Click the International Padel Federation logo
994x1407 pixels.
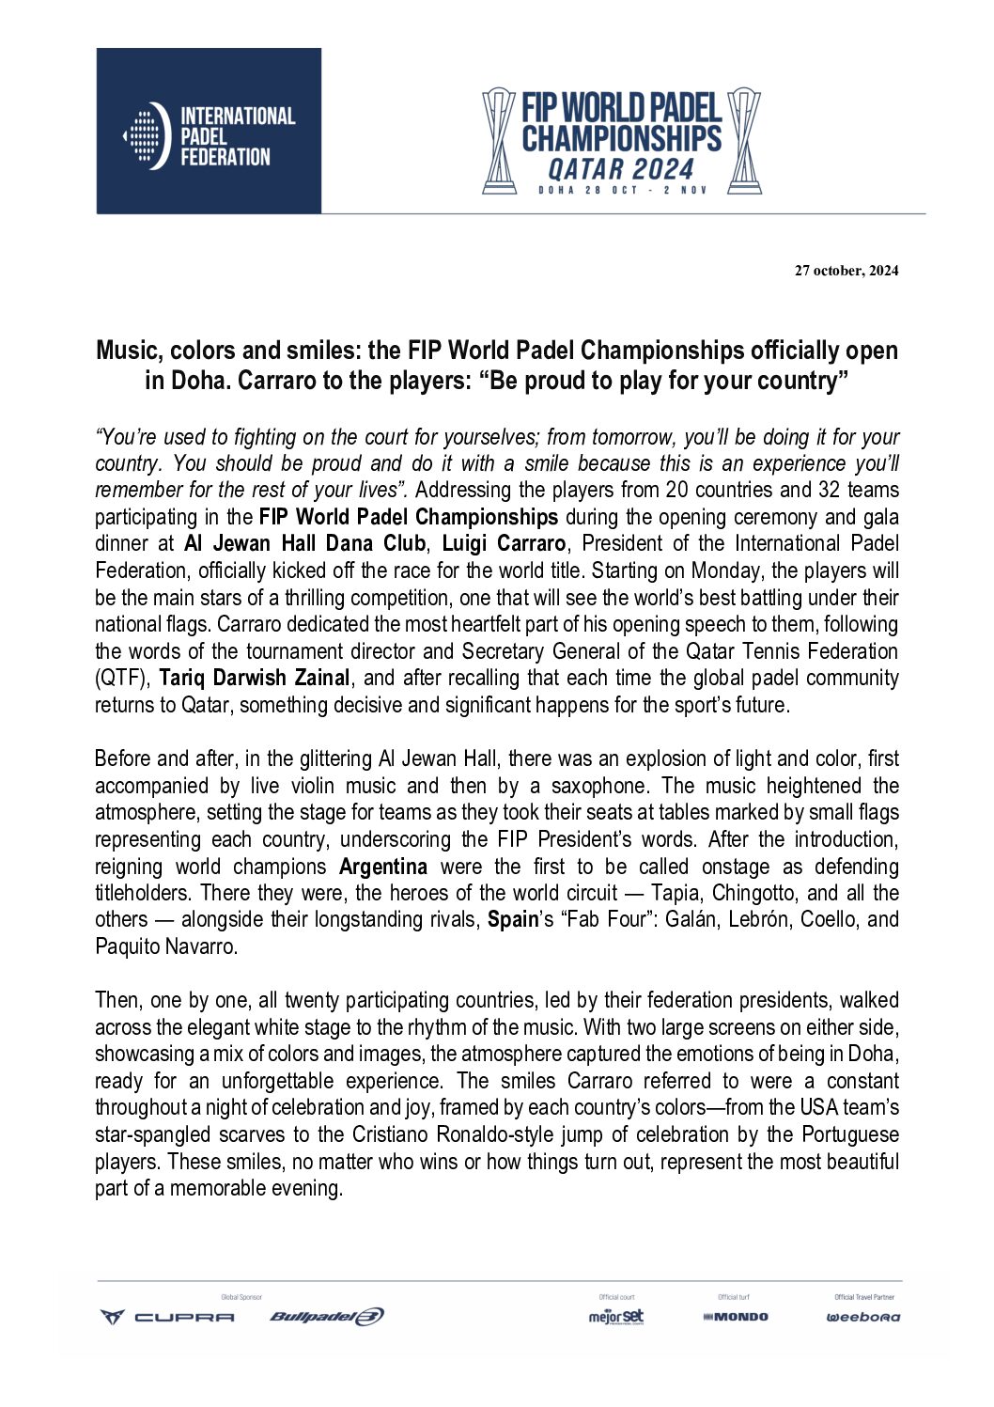[209, 132]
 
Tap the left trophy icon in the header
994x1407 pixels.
[499, 141]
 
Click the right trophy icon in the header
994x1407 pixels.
[744, 141]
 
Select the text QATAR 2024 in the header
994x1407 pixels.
[621, 170]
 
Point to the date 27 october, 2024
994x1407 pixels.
[846, 271]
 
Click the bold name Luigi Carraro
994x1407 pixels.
[504, 543]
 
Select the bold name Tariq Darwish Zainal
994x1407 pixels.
[254, 678]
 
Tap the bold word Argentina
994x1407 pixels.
[382, 867]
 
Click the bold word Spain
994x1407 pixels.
[512, 919]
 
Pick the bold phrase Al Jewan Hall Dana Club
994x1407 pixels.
[304, 543]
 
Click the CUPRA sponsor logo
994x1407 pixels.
[168, 1317]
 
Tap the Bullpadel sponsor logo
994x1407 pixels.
[326, 1317]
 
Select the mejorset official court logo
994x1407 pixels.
[616, 1316]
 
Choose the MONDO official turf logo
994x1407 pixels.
[736, 1317]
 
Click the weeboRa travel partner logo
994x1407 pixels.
[862, 1317]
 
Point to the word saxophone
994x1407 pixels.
[598, 786]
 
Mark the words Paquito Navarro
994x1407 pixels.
[165, 946]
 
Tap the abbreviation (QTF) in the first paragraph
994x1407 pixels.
[122, 678]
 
